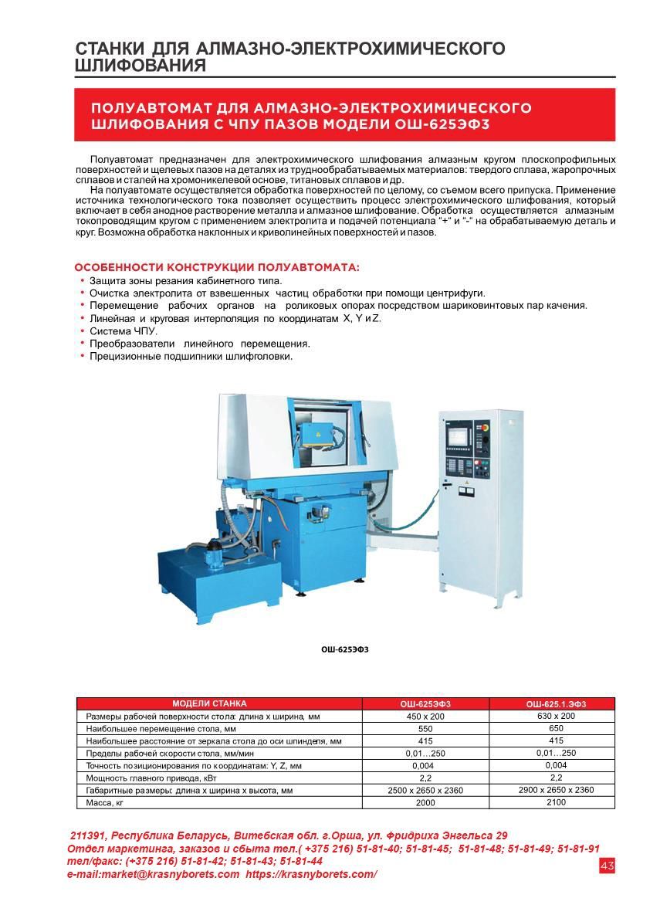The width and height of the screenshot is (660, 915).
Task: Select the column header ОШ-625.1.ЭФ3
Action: (556, 704)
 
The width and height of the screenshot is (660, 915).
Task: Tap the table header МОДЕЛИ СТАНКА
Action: (209, 703)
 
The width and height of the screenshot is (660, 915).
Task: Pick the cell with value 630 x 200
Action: (556, 716)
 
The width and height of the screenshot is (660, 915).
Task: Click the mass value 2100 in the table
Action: (556, 802)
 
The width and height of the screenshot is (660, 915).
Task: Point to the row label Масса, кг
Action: (105, 803)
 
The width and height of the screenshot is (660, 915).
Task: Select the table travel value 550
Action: (425, 729)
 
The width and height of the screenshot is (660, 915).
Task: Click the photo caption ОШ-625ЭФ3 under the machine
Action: (345, 649)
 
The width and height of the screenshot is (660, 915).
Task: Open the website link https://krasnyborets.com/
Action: (311, 874)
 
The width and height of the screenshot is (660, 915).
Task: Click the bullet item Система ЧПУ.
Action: (124, 331)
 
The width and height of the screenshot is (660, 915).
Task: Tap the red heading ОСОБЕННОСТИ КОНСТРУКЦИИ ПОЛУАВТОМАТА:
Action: (217, 268)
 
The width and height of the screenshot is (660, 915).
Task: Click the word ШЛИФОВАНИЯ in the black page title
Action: (140, 66)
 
